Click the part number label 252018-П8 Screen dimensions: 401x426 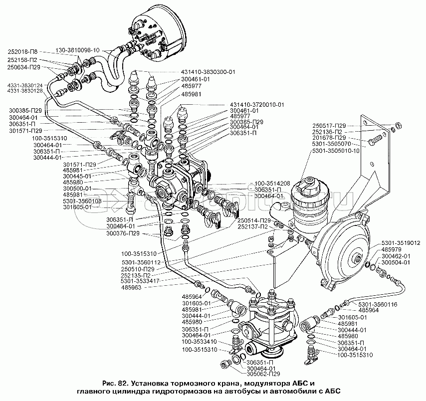(23, 51)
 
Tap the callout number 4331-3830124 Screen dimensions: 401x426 (24, 84)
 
